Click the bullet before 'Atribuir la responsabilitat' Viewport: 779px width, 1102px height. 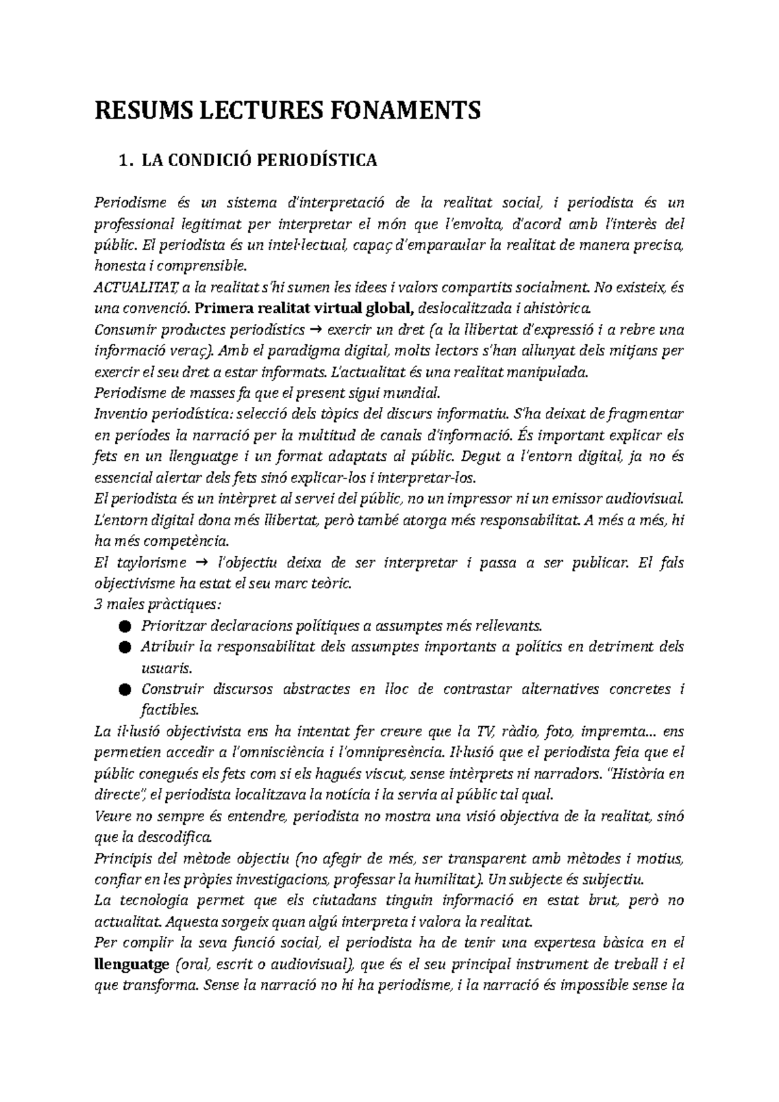[125, 648]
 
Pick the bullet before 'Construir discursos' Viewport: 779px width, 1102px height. [125, 690]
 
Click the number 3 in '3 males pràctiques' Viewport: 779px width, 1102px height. [97, 606]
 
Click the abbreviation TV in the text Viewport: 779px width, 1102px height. [484, 732]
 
